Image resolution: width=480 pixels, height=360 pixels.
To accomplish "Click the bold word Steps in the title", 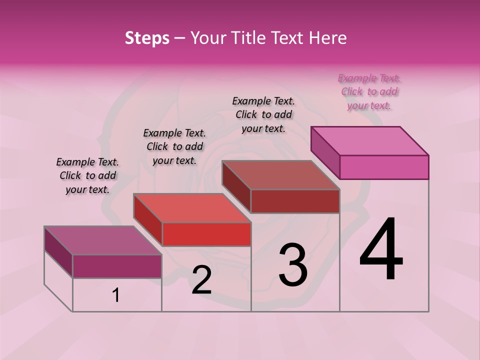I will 147,38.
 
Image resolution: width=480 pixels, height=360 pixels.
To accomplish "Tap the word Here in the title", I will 328,38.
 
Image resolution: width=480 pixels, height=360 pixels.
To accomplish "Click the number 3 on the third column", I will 293,264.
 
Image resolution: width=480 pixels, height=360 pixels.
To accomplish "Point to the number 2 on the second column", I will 201,280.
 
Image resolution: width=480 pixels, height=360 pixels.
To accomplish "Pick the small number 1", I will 116,295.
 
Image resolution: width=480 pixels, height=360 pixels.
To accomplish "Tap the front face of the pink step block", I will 384,167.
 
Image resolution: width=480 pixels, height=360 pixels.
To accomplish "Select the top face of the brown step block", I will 281,175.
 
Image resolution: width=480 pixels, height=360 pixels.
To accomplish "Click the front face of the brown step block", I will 295,201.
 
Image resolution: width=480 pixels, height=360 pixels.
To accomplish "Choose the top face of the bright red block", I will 192,208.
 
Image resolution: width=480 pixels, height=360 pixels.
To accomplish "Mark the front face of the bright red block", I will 206,234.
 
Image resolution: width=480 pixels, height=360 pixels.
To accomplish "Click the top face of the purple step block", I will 103,240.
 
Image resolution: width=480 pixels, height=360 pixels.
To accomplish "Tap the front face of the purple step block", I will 117,266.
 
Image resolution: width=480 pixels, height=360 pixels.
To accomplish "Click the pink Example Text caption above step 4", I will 369,91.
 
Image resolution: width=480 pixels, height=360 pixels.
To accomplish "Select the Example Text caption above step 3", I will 263,114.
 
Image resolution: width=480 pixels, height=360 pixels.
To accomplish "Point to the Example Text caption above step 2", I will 174,146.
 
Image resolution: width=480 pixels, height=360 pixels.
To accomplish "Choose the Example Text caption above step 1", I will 87,175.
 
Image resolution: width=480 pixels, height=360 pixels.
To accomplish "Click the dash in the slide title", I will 180,38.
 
